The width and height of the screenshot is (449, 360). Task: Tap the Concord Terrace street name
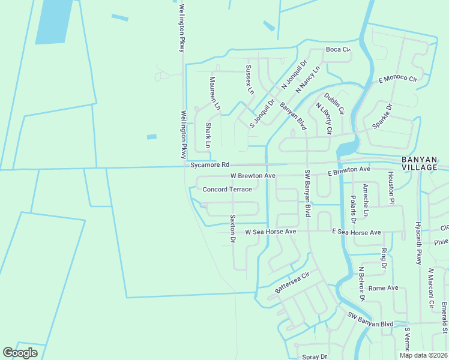227,190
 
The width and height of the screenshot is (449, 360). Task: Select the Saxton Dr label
232,228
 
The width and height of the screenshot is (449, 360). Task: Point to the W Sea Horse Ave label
271,232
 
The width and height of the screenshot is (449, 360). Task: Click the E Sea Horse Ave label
357,232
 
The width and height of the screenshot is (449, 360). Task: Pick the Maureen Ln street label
215,94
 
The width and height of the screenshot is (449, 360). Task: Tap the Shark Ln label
208,135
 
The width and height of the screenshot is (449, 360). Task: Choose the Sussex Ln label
250,79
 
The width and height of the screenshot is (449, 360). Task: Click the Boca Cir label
337,49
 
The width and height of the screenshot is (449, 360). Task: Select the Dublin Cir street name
334,103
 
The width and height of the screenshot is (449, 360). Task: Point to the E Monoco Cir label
397,79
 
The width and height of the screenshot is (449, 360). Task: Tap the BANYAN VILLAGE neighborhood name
419,163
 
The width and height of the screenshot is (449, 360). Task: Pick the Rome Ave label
384,288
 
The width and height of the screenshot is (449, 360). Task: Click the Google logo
20,353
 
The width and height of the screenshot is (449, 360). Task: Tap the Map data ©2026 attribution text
423,355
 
